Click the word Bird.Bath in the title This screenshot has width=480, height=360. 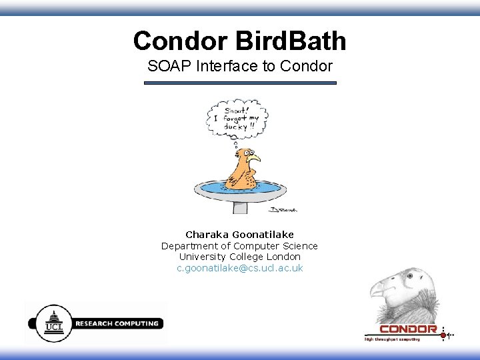(291, 41)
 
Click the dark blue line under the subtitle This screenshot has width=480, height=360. (240, 83)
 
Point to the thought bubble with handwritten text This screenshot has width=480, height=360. (237, 117)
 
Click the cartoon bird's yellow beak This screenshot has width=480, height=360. (254, 159)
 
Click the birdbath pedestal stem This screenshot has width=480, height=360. (240, 206)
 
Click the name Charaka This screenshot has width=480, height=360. (207, 235)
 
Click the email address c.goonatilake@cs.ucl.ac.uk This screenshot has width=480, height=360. (240, 268)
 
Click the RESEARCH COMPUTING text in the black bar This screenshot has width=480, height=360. (117, 323)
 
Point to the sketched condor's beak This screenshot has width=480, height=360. (377, 289)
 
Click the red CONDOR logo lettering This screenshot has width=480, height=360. (408, 329)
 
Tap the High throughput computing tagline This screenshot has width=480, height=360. (392, 339)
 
